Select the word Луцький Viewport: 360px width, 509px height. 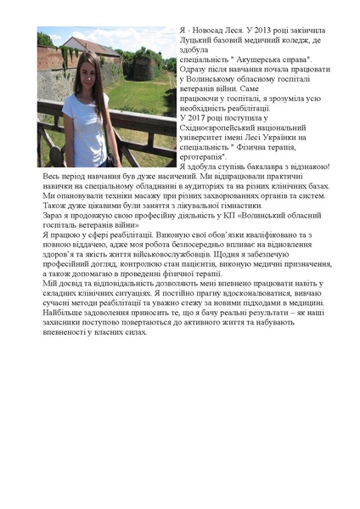196,41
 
